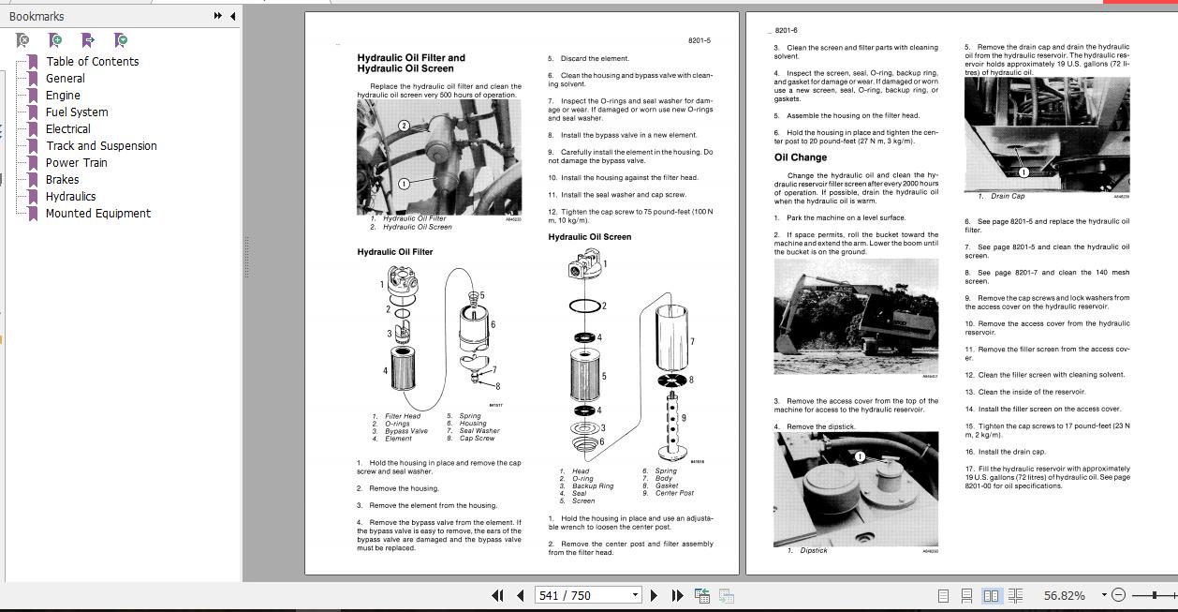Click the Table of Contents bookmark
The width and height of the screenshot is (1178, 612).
92,62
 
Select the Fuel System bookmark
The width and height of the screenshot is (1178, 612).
77,112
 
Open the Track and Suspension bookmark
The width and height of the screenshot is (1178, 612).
101,146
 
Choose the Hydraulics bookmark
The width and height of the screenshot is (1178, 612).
70,197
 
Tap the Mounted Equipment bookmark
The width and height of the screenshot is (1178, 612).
97,214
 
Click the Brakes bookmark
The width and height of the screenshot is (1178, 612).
62,180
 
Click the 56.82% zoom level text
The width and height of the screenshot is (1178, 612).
1064,595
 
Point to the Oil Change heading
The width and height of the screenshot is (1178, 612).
800,157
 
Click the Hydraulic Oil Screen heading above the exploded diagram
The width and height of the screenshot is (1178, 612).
589,237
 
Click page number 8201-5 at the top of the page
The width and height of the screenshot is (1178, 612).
699,40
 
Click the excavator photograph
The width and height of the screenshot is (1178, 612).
855,317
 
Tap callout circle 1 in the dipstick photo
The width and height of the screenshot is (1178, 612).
860,457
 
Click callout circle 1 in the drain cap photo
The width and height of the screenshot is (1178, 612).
1023,172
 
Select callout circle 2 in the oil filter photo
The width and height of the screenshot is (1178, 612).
404,126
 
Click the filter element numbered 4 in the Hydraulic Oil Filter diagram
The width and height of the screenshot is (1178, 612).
405,369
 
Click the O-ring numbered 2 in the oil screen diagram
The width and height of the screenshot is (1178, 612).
584,306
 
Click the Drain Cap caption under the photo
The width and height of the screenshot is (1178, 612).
1008,197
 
